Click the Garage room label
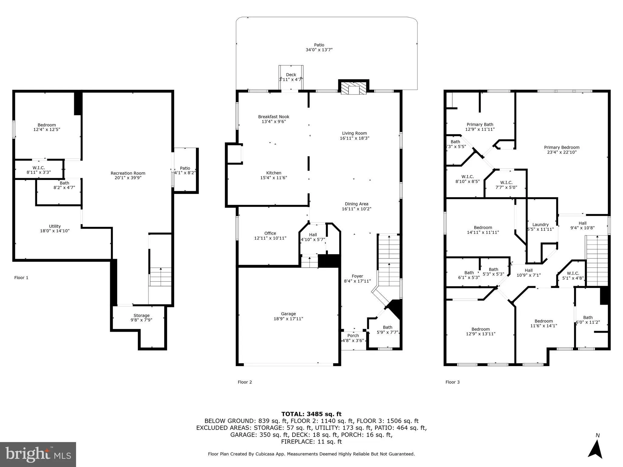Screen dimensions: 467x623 pos(288,314)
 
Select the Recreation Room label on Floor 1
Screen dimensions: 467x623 pos(128,173)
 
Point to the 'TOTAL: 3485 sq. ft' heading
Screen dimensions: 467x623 pos(311,414)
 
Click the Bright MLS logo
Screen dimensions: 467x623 pos(38,454)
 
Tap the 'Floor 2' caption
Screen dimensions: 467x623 pos(245,382)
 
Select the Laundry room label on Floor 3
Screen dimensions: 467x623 pos(540,225)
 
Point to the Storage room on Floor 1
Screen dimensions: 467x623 pos(141,318)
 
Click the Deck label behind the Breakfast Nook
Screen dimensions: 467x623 pos(291,75)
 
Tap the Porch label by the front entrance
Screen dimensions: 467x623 pos(353,336)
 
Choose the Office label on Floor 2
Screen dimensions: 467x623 pos(270,233)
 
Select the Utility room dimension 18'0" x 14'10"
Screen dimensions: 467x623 pos(55,231)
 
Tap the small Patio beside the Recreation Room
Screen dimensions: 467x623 pos(185,170)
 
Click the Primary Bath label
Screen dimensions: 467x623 pos(480,124)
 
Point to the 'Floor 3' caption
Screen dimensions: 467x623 pos(452,382)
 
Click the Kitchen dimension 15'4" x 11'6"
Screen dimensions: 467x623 pos(274,178)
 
